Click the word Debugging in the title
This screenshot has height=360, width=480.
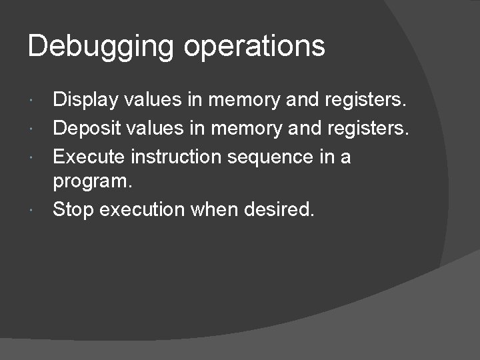point(101,47)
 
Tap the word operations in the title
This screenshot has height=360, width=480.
point(254,47)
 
